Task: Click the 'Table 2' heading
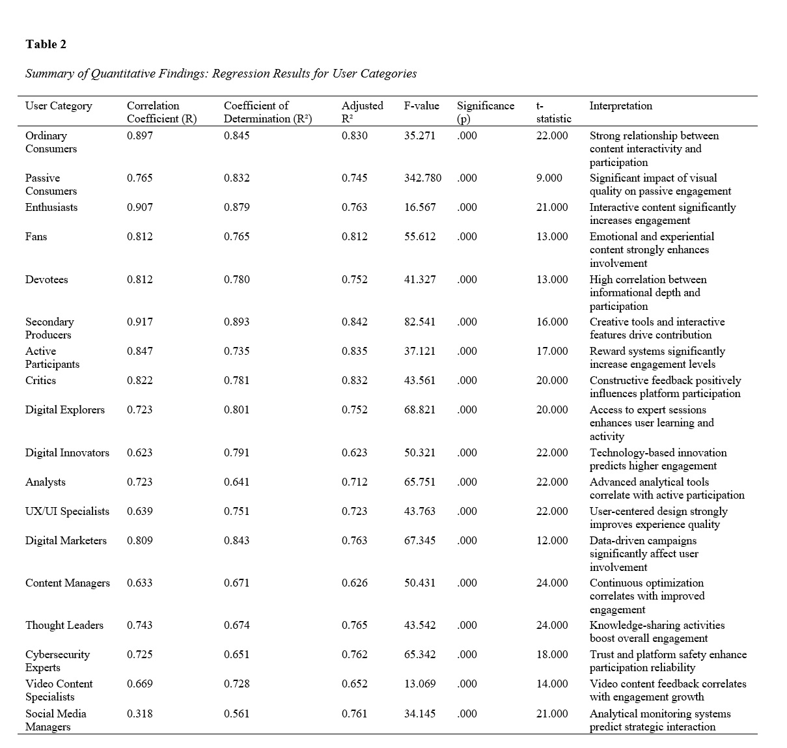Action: (46, 44)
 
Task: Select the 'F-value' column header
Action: (421, 105)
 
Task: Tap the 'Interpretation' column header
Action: (620, 105)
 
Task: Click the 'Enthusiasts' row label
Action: (51, 207)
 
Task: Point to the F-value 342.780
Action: (422, 178)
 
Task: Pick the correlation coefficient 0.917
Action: (140, 322)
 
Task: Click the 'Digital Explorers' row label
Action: (65, 409)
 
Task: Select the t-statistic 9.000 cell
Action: (549, 178)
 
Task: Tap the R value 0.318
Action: (140, 713)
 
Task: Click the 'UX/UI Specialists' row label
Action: (67, 511)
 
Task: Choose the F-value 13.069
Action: (420, 684)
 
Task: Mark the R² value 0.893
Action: (236, 322)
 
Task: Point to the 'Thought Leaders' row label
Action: (64, 625)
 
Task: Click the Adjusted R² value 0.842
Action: (354, 322)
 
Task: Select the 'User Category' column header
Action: (59, 105)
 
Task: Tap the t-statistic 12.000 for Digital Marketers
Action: (552, 540)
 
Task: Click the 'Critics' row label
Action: (40, 380)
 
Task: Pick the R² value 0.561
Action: (236, 713)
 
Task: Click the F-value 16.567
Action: (420, 207)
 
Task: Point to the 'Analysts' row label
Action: (46, 482)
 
